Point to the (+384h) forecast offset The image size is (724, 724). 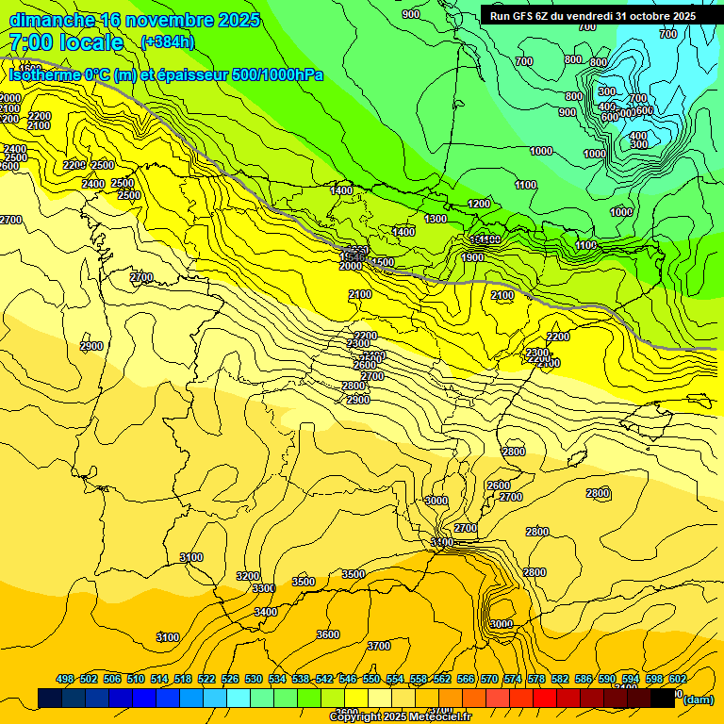tap(168, 42)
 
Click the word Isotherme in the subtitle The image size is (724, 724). tap(46, 74)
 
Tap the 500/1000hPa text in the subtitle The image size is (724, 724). tap(277, 74)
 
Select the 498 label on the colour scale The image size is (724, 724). tap(65, 679)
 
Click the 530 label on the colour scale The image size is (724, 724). tap(254, 679)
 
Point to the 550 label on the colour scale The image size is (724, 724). tap(371, 679)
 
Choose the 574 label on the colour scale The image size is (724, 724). tap(513, 679)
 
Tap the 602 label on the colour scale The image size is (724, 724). tap(677, 679)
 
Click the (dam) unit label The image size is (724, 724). tap(698, 699)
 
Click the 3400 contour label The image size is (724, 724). tap(266, 612)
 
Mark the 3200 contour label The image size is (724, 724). tap(248, 576)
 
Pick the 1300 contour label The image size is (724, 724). tap(436, 219)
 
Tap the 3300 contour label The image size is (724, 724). tap(263, 588)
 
